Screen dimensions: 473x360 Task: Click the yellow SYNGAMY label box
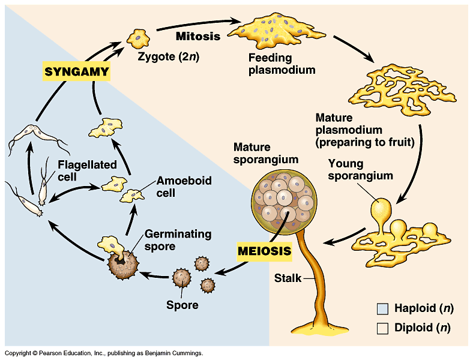pyautogui.click(x=76, y=71)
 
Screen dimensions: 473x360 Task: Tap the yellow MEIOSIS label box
pyautogui.click(x=265, y=251)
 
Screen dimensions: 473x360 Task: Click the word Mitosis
pyautogui.click(x=198, y=36)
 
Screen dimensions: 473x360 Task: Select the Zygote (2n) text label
pyautogui.click(x=168, y=56)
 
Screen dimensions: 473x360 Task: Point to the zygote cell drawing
pyautogui.click(x=138, y=38)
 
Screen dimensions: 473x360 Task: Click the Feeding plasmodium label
pyautogui.click(x=282, y=64)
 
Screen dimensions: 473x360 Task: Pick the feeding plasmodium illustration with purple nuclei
pyautogui.click(x=276, y=30)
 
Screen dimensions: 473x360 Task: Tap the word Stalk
pyautogui.click(x=288, y=278)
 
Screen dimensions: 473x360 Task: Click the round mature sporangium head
pyautogui.click(x=284, y=202)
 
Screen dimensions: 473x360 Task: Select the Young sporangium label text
pyautogui.click(x=361, y=169)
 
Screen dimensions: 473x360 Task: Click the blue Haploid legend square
pyautogui.click(x=382, y=309)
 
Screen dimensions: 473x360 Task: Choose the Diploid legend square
pyautogui.click(x=382, y=328)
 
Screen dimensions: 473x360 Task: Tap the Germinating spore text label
pyautogui.click(x=178, y=240)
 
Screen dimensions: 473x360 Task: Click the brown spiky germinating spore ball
pyautogui.click(x=123, y=265)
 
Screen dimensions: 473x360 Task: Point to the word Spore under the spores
pyautogui.click(x=182, y=305)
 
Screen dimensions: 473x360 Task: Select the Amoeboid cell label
pyautogui.click(x=184, y=187)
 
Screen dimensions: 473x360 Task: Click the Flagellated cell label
pyautogui.click(x=87, y=170)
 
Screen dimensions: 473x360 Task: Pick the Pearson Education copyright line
pyautogui.click(x=104, y=353)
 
